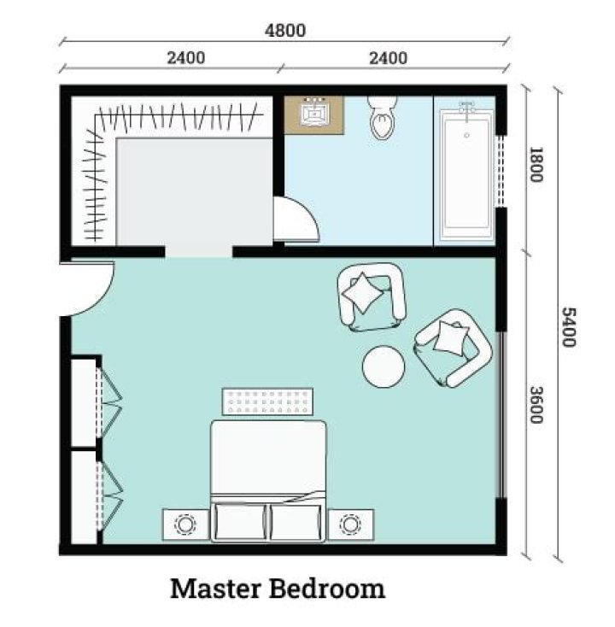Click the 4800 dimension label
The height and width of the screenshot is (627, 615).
click(x=285, y=31)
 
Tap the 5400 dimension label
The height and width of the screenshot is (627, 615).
click(x=569, y=326)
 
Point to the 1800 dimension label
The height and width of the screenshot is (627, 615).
click(x=536, y=164)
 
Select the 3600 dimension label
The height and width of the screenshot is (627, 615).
click(x=536, y=404)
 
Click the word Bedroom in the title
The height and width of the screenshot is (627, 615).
click(x=327, y=589)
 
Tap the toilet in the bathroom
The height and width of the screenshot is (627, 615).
click(x=383, y=118)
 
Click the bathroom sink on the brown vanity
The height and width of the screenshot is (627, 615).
click(x=313, y=113)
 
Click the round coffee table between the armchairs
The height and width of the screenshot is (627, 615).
click(x=384, y=366)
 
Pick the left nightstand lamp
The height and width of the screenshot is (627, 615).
click(x=185, y=524)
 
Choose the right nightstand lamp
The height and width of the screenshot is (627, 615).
click(x=350, y=524)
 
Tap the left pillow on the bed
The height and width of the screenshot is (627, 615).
click(x=240, y=522)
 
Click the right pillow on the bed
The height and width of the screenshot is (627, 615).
click(x=296, y=522)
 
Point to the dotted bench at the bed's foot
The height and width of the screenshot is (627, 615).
click(x=267, y=401)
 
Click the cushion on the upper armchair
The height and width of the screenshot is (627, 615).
click(x=363, y=293)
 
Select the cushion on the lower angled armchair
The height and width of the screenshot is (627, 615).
click(x=451, y=337)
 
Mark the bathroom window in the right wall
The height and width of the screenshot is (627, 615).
click(x=501, y=171)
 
